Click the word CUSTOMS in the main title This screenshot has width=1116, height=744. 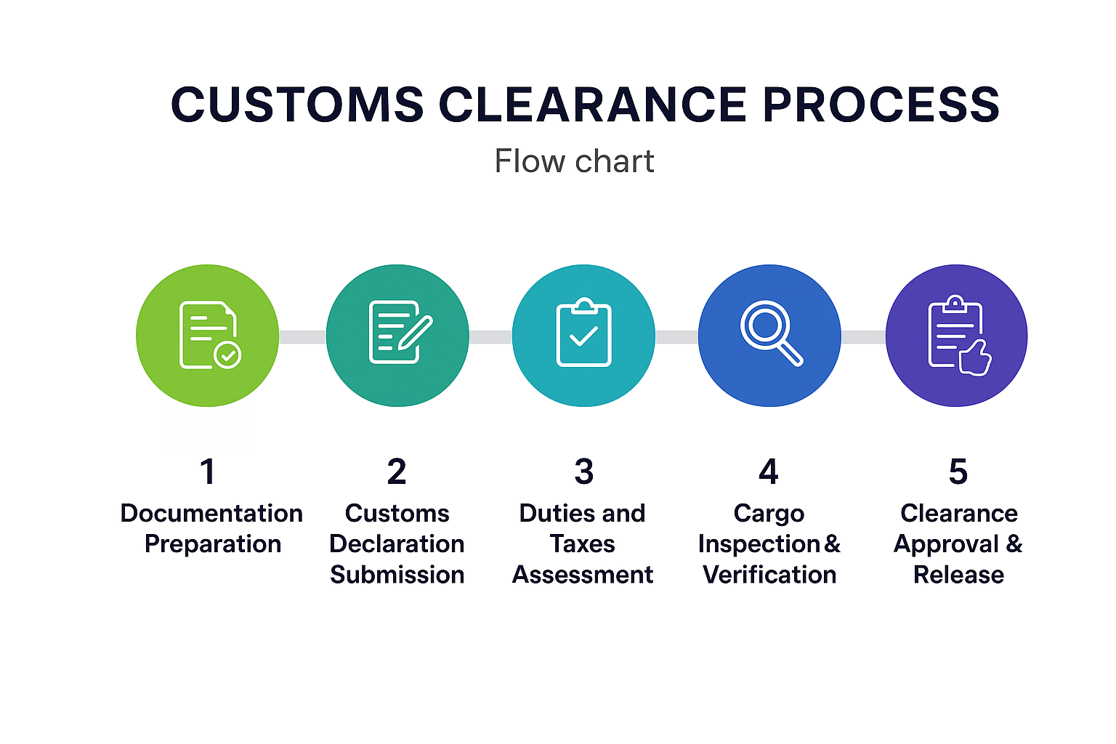coord(297,104)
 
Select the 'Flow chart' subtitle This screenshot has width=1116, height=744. coord(574,161)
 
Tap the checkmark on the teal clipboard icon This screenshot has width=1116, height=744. coord(583,336)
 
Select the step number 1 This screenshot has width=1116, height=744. coord(208,472)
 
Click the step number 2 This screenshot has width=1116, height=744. coord(397,472)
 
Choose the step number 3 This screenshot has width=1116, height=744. coord(583,472)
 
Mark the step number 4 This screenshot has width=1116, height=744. coord(769,472)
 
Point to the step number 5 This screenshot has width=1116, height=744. coord(958,472)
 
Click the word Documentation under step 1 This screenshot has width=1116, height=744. coord(211,513)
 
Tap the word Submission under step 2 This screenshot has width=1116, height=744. coord(397,575)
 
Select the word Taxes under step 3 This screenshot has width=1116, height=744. coord(583,543)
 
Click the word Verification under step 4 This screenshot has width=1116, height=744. coord(769,575)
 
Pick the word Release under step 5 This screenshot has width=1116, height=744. coord(958,575)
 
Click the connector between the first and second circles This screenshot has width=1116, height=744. coord(302,336)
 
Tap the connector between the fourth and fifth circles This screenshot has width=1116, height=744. coord(863,336)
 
